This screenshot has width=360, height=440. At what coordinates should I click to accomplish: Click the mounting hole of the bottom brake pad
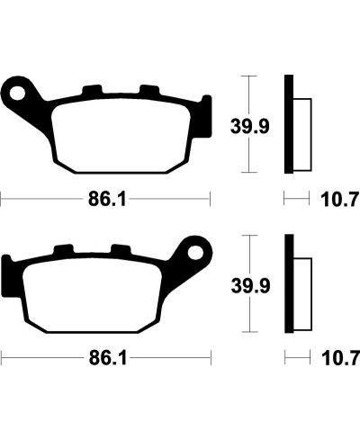(x=194, y=248)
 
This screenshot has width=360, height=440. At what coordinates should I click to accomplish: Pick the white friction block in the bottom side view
(x=302, y=285)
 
